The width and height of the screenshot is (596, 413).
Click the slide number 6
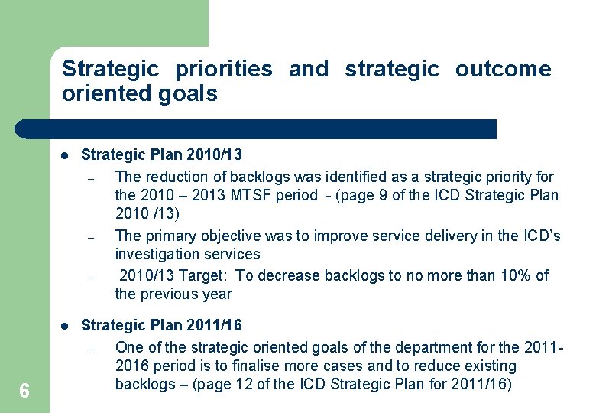click(24, 392)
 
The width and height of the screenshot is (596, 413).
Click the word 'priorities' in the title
click(223, 69)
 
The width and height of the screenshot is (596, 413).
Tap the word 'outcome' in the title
click(503, 69)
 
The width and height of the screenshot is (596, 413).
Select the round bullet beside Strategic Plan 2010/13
click(66, 155)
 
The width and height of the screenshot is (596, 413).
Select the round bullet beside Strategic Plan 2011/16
click(66, 326)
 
